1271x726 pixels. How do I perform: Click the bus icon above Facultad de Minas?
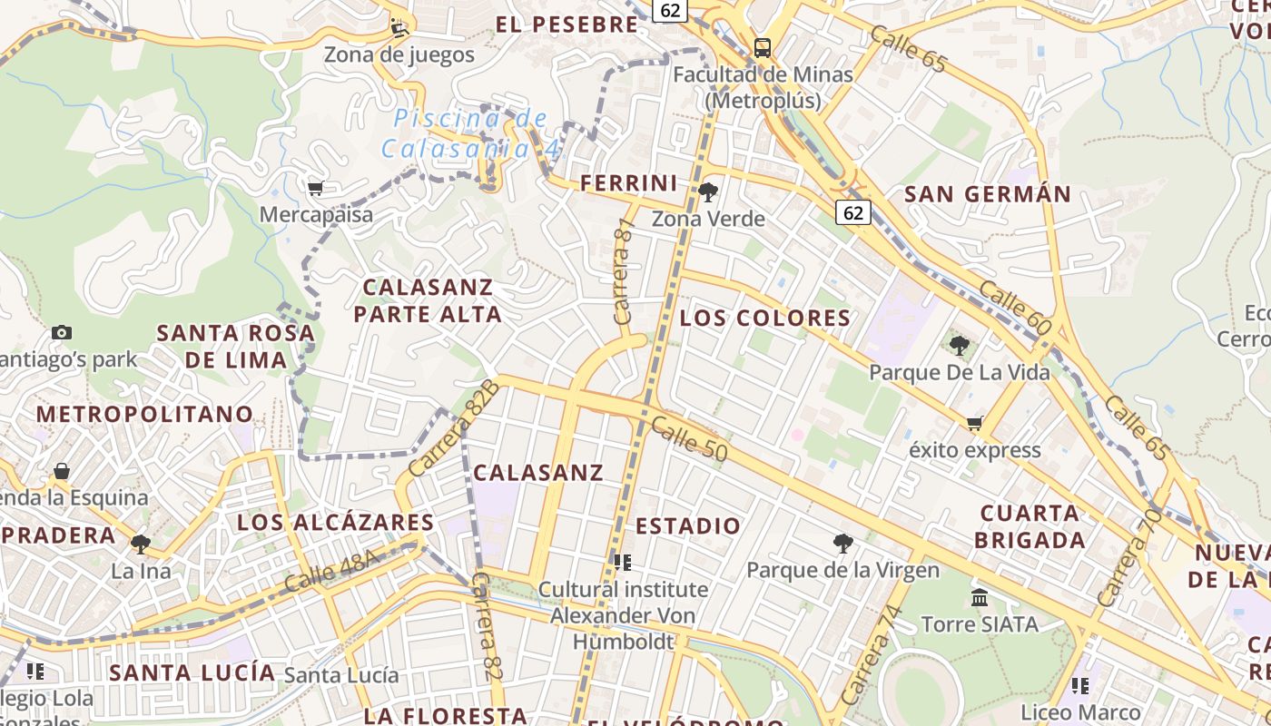(x=763, y=48)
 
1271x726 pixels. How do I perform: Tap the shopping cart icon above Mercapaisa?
(x=315, y=189)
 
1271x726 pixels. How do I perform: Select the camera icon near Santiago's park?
(x=62, y=333)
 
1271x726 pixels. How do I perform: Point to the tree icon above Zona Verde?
(x=708, y=191)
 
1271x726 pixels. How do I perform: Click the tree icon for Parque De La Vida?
(x=959, y=345)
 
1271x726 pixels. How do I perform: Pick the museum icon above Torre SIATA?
(x=980, y=597)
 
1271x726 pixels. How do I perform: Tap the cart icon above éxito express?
(x=975, y=423)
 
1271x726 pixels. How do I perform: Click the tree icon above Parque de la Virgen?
(x=842, y=544)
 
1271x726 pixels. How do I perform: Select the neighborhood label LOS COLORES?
(x=765, y=318)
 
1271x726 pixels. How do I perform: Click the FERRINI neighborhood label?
(x=629, y=183)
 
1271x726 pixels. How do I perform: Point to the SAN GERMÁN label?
(x=988, y=193)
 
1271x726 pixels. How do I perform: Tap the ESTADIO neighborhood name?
(x=688, y=526)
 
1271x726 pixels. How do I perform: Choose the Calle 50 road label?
(x=690, y=437)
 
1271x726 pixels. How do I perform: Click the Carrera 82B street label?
(x=454, y=427)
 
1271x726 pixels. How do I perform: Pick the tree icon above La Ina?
(x=140, y=544)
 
